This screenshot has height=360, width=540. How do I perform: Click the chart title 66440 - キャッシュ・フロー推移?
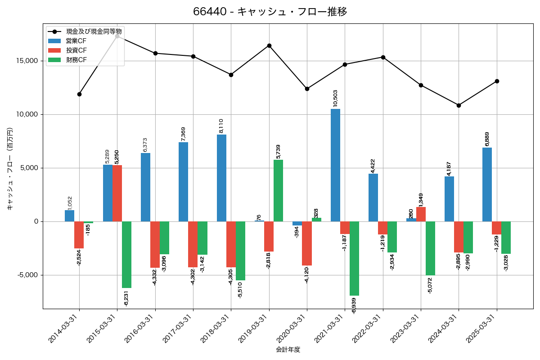point(270,12)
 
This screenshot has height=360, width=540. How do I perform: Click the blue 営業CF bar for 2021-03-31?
point(335,165)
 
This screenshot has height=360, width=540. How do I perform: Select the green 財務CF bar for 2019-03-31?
point(278,190)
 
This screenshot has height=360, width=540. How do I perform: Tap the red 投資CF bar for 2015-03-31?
point(117,193)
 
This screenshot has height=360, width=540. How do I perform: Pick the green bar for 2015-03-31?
point(126,255)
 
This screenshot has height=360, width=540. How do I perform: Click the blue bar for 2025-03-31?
point(487,184)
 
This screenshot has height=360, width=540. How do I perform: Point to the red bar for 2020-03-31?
point(307,243)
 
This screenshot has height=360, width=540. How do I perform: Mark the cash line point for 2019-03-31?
point(269,45)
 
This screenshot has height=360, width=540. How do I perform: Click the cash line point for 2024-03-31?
point(459,105)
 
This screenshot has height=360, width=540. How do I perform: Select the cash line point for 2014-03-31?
point(79,94)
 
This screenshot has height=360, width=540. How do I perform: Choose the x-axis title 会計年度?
point(288,349)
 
